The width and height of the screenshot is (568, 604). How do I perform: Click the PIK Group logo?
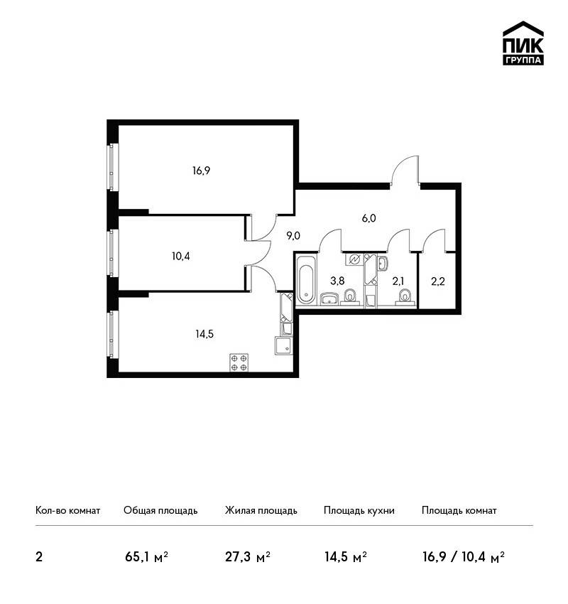point(523,43)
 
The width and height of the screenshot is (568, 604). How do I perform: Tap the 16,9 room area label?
point(201,171)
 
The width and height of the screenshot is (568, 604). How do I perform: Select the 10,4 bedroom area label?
point(181,256)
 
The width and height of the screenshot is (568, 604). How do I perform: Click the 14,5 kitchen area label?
point(204,334)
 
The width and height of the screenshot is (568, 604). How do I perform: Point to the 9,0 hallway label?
point(293,236)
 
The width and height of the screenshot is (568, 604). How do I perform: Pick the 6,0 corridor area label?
point(368,218)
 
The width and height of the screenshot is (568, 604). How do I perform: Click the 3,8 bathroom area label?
point(337,281)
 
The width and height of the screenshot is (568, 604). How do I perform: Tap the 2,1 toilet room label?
point(398,281)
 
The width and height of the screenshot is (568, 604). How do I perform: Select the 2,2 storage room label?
point(438,281)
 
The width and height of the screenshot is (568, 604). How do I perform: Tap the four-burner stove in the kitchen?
point(239,362)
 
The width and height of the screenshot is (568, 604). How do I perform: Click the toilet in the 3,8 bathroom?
point(350,297)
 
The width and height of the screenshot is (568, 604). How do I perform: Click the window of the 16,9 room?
point(112,167)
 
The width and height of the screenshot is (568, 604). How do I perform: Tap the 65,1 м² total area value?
point(147,557)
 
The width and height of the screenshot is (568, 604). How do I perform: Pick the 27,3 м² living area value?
point(248,557)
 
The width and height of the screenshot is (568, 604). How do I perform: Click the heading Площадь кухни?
point(359,510)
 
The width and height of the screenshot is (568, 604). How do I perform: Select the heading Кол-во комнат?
point(67,510)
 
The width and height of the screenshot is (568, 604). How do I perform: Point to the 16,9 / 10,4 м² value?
point(464,557)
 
